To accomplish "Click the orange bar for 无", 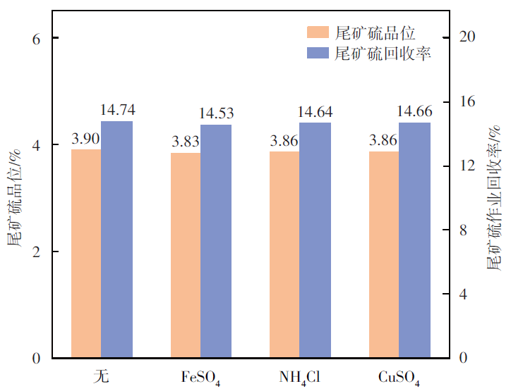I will coord(86,254).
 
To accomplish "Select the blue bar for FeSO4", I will coord(216,241).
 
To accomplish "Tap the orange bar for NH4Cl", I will coord(284,254).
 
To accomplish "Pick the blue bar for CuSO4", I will coord(414,240).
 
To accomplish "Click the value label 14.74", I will coord(117,110).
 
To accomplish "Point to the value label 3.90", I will coord(85,139).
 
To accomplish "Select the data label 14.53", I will coord(216,113).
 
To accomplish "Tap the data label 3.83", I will coord(185,142).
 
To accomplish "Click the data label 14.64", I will coord(315,112).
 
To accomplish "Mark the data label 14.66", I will coord(414,111).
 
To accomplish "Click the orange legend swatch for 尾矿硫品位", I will coord(318,32).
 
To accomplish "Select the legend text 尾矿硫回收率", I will coord(383,54).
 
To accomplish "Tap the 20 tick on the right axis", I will coord(467,37).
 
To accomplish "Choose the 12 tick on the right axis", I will coord(467,166).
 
